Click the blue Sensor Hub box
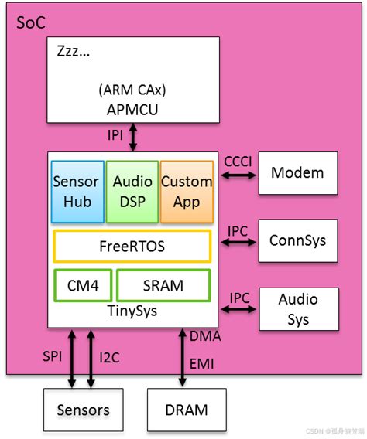(x=76, y=191)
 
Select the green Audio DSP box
(x=132, y=191)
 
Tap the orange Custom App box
(x=187, y=191)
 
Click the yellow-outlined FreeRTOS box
(x=132, y=247)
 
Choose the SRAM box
(x=163, y=285)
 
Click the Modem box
(x=298, y=172)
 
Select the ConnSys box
(x=298, y=240)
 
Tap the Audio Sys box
(x=298, y=309)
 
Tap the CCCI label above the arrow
(x=238, y=162)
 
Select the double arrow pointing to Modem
(x=238, y=176)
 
